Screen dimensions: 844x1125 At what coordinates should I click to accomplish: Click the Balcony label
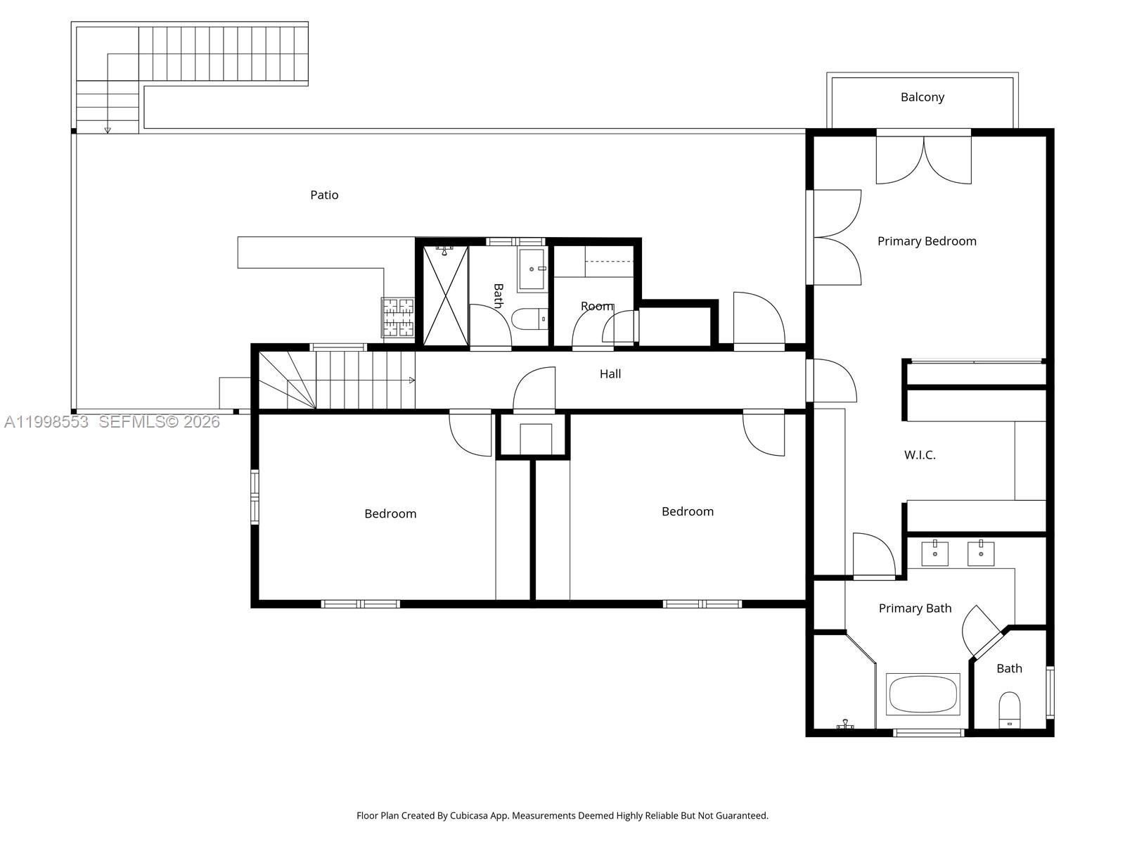click(x=922, y=97)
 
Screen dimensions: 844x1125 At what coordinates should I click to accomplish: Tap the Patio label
click(x=324, y=195)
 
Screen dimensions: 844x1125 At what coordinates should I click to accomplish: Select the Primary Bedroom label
click(x=927, y=241)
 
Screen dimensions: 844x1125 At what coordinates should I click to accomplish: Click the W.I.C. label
click(x=920, y=455)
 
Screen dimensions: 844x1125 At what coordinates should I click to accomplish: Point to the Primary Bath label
click(x=915, y=608)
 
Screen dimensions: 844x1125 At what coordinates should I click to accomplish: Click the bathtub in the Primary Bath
click(x=922, y=694)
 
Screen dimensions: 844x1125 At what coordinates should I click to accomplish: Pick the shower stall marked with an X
click(x=445, y=295)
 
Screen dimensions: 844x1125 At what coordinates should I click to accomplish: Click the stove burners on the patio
click(x=398, y=317)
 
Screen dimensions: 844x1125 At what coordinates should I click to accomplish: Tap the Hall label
click(x=610, y=374)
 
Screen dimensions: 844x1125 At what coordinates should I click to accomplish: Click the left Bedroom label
click(x=390, y=514)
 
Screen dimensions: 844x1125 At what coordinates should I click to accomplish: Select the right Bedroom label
click(x=687, y=512)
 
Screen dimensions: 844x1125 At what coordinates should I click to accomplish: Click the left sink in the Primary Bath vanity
click(x=935, y=554)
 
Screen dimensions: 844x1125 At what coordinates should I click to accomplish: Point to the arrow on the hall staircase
click(x=411, y=381)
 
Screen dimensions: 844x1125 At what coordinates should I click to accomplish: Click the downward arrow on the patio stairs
click(x=108, y=129)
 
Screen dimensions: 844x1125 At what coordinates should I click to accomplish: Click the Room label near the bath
click(x=597, y=307)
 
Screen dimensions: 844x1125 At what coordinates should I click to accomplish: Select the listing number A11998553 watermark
click(x=46, y=422)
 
